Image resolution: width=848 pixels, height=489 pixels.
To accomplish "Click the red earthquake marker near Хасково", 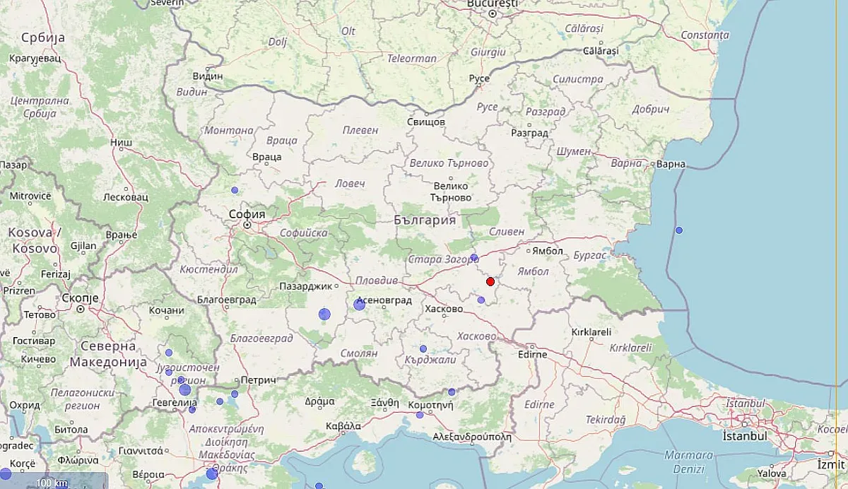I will point(490,281).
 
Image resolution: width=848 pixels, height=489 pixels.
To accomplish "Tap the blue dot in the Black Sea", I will point(679,230).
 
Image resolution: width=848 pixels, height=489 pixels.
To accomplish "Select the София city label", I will point(247,214).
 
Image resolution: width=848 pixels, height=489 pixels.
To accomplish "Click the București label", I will point(493,4).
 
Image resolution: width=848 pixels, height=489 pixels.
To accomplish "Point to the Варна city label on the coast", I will point(671,164).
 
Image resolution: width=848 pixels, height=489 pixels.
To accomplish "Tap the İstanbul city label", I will point(744,436).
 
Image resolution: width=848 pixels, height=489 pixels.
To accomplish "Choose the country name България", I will point(425,220).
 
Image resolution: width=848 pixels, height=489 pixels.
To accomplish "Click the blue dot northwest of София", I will point(235,190).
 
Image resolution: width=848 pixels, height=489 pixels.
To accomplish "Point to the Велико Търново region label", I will point(449,163).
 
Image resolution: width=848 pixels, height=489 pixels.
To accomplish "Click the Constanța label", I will point(705,35).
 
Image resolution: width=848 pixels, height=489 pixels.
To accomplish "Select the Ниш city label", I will point(121,142).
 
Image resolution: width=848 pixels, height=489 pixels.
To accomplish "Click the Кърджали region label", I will point(431,360).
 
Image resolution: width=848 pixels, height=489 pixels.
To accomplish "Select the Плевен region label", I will point(360,130).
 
